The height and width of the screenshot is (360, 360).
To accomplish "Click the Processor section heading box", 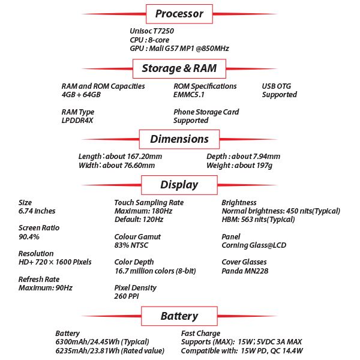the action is (x=179, y=14).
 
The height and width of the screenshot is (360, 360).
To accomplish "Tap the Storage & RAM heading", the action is (x=179, y=68).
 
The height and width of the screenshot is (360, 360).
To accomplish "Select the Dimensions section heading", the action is (x=179, y=139).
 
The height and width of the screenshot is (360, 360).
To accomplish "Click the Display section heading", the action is (x=179, y=185).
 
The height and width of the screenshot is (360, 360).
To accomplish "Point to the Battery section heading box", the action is (x=179, y=316).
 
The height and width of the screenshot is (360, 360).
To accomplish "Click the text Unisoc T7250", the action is (x=152, y=31).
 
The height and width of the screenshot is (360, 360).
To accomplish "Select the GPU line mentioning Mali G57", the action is (x=179, y=49).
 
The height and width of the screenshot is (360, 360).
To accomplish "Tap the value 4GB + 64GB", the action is (x=81, y=95).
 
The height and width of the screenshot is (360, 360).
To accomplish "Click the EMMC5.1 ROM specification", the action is (x=189, y=95).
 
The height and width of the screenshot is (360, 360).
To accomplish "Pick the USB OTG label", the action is (x=277, y=86).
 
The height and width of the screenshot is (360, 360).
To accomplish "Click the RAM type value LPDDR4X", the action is (x=77, y=121).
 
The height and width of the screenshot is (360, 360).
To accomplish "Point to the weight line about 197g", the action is (x=239, y=166).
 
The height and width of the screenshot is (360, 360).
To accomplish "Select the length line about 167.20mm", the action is (x=120, y=157).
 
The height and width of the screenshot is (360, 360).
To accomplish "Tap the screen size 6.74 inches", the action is (x=37, y=211).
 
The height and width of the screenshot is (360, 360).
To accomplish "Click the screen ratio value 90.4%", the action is (x=29, y=237).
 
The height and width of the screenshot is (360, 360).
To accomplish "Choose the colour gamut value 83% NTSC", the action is (x=131, y=245).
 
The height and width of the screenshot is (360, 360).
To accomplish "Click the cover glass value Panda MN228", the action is (x=245, y=271).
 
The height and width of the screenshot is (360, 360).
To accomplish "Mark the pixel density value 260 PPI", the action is (x=127, y=296).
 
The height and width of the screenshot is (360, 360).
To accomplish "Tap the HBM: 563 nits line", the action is (x=258, y=220).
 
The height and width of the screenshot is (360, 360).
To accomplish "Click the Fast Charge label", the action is (x=200, y=334).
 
